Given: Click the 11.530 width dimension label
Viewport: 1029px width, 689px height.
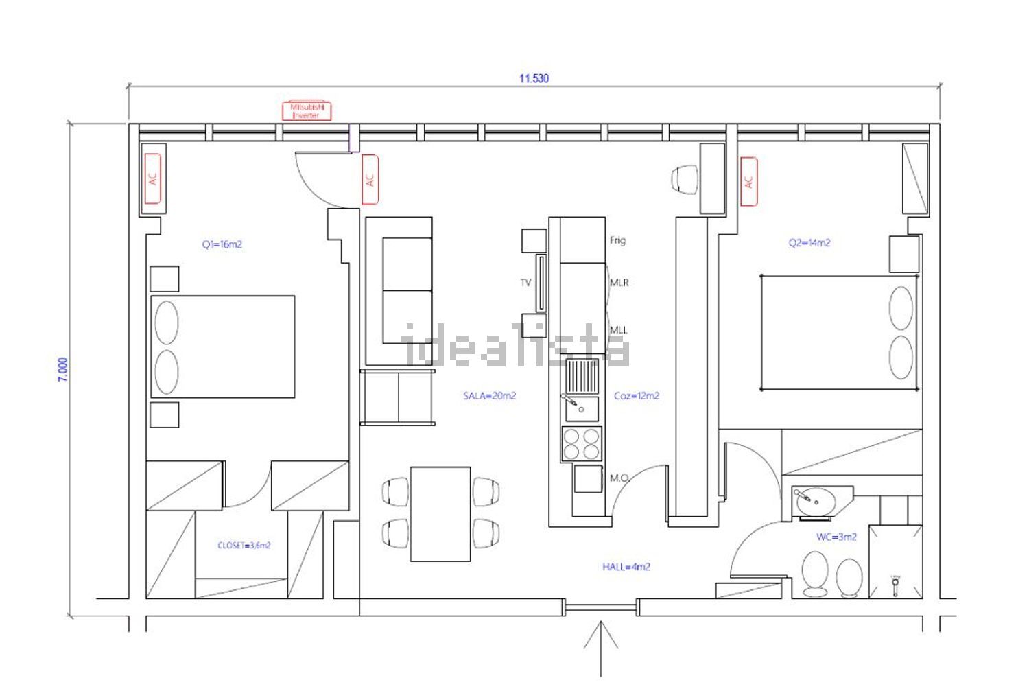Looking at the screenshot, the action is point(534,79).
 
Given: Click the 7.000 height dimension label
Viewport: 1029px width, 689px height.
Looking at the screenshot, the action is point(63,370).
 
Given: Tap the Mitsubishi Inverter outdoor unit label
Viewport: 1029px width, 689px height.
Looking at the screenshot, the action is point(307,110).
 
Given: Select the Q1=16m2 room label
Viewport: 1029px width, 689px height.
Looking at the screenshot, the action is point(222,244).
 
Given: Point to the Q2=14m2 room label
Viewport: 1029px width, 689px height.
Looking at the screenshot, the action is point(809,243).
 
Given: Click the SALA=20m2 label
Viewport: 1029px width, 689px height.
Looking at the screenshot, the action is point(489,396).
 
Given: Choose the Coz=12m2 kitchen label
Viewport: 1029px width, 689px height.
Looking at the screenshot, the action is point(637,396).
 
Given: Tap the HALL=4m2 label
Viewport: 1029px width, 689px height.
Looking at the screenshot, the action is point(626,567).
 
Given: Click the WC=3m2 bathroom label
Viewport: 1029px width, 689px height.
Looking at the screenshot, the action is point(836,537).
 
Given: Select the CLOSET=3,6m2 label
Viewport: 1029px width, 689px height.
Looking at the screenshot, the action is point(244,546).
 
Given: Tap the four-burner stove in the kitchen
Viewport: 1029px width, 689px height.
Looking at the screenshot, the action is point(581,444).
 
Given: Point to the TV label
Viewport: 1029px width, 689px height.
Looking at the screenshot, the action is point(526,283).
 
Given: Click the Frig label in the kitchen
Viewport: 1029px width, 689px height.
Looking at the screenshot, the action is point(617,240).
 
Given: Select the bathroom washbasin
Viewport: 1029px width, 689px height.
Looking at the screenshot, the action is point(816,502).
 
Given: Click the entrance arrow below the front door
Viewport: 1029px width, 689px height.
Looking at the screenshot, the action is point(600,649).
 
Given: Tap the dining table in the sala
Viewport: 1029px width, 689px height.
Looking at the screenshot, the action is point(440,514).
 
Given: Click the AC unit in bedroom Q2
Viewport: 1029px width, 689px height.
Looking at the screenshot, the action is point(749,182).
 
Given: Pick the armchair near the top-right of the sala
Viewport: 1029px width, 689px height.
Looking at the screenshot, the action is point(685,179).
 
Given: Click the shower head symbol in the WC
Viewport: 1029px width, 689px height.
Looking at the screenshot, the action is point(895,586).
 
